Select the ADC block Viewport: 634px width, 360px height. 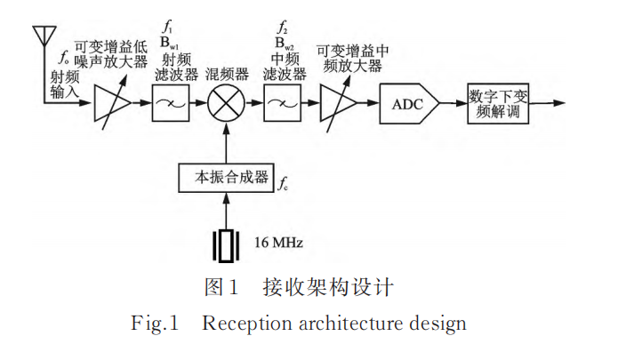(407, 105)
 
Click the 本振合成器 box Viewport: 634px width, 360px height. (225, 177)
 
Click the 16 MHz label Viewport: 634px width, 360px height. (283, 242)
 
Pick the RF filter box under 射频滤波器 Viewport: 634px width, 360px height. (169, 105)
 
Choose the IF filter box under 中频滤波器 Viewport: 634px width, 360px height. (281, 105)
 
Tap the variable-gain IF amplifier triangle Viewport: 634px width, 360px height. (340, 105)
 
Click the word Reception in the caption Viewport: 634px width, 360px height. (242, 323)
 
